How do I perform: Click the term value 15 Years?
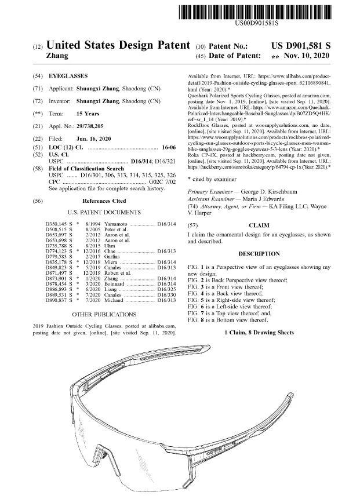[89, 114]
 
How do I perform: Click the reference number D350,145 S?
[59, 223]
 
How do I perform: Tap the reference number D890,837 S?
[59, 300]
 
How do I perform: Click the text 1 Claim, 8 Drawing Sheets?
[259, 332]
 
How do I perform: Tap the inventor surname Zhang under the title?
[57, 56]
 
